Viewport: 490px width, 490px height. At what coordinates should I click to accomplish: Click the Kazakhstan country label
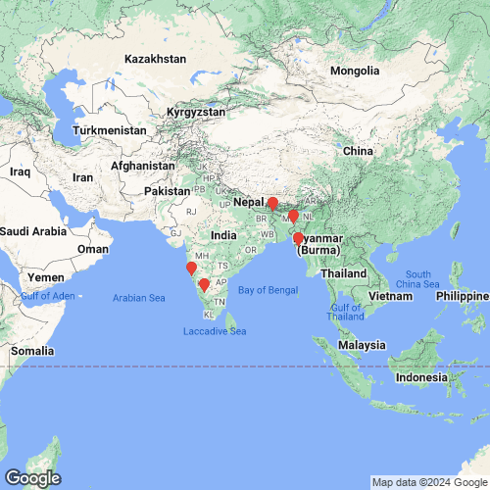tap(155, 59)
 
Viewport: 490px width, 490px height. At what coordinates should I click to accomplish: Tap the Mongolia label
tap(354, 72)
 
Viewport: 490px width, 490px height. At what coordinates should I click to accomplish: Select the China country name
tap(358, 152)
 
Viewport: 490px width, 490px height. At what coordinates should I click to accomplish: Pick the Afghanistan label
tap(143, 167)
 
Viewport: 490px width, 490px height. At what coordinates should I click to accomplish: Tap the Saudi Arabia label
tap(33, 231)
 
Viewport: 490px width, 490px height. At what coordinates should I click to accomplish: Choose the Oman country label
tap(93, 249)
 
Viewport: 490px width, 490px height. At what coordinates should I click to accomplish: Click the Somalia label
tap(32, 350)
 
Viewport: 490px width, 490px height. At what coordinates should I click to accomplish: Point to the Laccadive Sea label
tap(215, 332)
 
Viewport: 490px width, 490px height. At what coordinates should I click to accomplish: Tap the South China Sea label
tap(418, 279)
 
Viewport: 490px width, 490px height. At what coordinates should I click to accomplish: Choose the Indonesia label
tap(422, 377)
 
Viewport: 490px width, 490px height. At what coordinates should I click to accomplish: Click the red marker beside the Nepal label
tap(272, 205)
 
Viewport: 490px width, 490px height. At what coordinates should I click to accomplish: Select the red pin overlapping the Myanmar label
tap(298, 238)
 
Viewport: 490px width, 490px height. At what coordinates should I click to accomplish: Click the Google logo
tap(31, 478)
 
